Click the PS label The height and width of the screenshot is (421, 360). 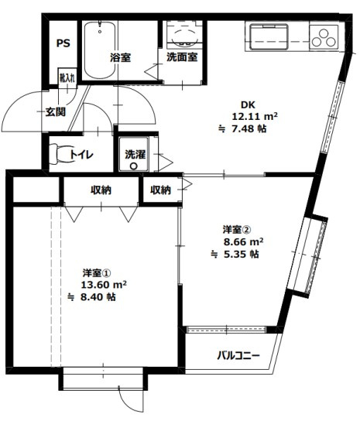(63, 43)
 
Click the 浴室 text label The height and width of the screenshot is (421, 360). (120, 57)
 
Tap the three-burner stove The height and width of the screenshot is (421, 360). (324, 36)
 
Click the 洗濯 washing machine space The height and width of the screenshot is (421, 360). (135, 154)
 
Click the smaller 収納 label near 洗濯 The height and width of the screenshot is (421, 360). (160, 190)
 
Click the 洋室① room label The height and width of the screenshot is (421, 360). (98, 272)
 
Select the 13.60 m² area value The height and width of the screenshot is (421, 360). (101, 284)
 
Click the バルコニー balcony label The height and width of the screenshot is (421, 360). (238, 355)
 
